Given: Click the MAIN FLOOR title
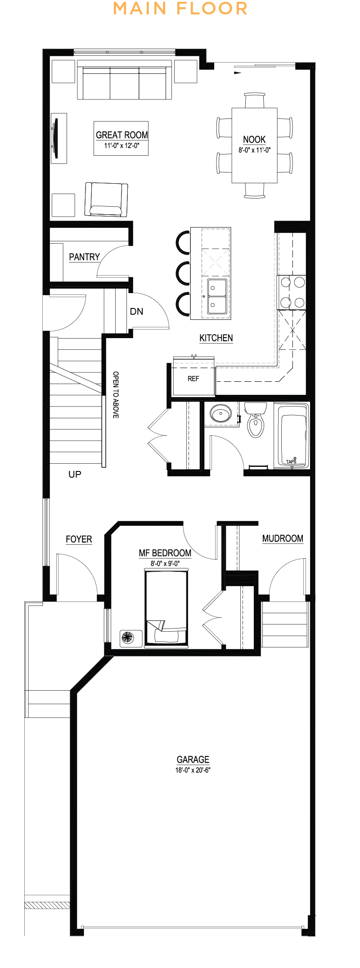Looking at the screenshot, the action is [x=180, y=9].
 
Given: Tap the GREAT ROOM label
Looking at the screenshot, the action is [x=122, y=135].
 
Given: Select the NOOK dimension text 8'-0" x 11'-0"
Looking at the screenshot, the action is [x=255, y=150].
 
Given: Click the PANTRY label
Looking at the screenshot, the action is [x=84, y=257].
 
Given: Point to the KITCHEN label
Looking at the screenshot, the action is [x=216, y=338].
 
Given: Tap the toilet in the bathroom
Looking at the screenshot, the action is [x=255, y=420].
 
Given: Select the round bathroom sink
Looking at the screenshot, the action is [x=220, y=413].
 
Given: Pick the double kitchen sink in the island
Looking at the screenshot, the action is [x=217, y=296].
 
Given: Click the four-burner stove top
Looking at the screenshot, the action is [x=292, y=292].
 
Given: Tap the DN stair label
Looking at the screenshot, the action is [x=136, y=311].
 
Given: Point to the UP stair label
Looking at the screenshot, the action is [x=75, y=474].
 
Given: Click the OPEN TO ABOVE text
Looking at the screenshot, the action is [x=116, y=395].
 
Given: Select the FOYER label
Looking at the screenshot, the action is [x=79, y=539].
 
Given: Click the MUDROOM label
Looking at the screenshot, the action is [x=283, y=538].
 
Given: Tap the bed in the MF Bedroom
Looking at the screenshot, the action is [x=166, y=608].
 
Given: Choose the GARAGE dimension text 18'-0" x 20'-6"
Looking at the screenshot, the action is [x=193, y=770].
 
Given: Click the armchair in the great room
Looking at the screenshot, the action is [x=106, y=199].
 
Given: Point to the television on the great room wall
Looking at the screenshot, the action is [x=56, y=138].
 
